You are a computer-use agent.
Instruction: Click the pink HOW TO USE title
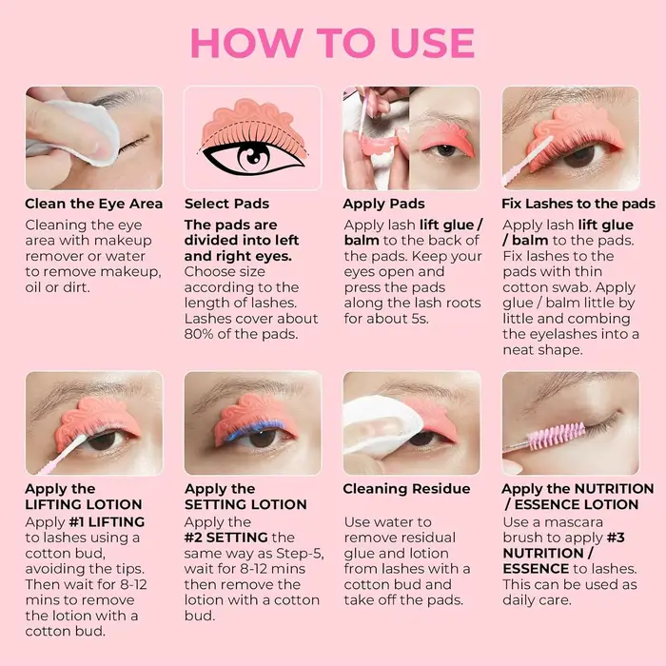pyautogui.click(x=333, y=43)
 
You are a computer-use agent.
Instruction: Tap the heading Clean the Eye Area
pyautogui.click(x=94, y=204)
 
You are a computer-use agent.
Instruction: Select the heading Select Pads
pyautogui.click(x=226, y=204)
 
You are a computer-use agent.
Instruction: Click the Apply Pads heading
pyautogui.click(x=384, y=204)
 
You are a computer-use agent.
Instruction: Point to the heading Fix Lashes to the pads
pyautogui.click(x=578, y=204)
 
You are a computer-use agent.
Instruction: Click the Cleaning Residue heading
pyautogui.click(x=406, y=489)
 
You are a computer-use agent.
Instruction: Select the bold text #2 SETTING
pyautogui.click(x=226, y=538)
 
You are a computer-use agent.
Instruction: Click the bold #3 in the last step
pyautogui.click(x=616, y=538)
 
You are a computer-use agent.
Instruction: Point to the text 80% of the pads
pyautogui.click(x=241, y=334)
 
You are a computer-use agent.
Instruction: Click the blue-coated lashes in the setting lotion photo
pyautogui.click(x=255, y=429)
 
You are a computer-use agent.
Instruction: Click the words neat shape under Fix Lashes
pyautogui.click(x=542, y=350)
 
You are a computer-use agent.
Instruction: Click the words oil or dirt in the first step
pyautogui.click(x=57, y=287)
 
